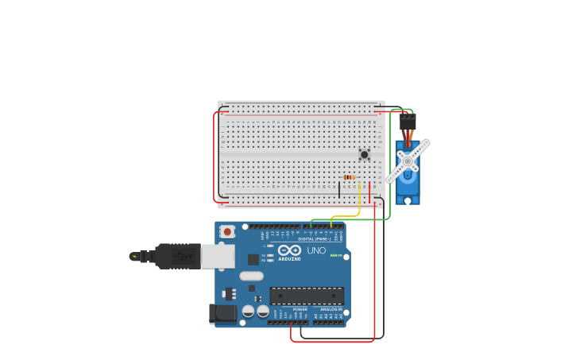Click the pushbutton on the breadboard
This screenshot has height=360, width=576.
364,154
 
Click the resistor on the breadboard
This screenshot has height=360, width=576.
350,177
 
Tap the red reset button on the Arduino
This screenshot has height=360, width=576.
228,232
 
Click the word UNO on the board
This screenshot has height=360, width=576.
316,251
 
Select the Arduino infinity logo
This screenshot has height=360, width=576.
289,250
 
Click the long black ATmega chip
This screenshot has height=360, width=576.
306,296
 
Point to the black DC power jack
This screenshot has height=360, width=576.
222,313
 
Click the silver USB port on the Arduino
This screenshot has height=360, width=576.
218,256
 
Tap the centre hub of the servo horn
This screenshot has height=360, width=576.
408,161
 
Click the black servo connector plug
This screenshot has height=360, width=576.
408,122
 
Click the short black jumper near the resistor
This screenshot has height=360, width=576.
339,190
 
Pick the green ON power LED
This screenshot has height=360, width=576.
334,255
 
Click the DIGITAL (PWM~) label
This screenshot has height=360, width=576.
315,238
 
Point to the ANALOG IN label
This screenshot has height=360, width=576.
331,309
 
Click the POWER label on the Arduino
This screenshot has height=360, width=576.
300,309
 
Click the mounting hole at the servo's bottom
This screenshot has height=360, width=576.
408,200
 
